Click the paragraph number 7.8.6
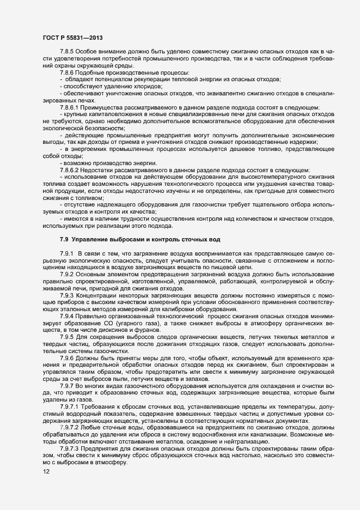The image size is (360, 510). pos(68,72)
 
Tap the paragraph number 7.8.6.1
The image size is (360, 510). pos(70,107)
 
